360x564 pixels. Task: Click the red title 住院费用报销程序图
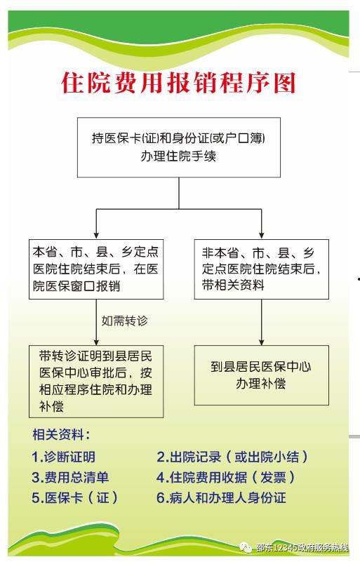point(178,83)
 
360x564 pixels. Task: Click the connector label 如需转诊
point(124,321)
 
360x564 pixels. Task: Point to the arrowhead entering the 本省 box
point(96,236)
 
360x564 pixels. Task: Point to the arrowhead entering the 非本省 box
point(261,236)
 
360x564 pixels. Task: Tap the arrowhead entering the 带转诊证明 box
point(96,342)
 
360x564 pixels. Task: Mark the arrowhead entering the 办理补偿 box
point(261,342)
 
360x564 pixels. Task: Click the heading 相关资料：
point(61,434)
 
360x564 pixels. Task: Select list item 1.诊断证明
point(63,457)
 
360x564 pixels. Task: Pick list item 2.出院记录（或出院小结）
point(232,457)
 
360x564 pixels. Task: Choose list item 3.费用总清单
point(70,477)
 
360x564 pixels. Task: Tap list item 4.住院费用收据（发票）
point(226,477)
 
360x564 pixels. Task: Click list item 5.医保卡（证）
point(74,498)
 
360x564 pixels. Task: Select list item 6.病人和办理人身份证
point(221,498)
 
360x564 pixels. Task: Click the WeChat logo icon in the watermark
point(246,547)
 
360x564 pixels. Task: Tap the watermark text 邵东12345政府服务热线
point(302,547)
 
